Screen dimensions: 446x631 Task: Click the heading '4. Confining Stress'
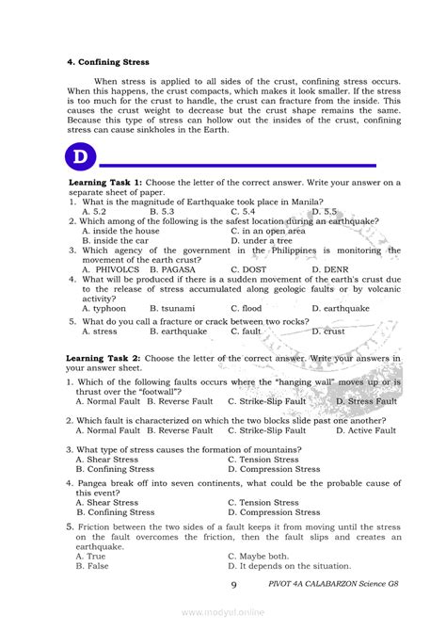[108, 62]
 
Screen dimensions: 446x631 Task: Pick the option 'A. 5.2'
[94, 212]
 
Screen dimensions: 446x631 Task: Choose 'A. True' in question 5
[91, 557]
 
